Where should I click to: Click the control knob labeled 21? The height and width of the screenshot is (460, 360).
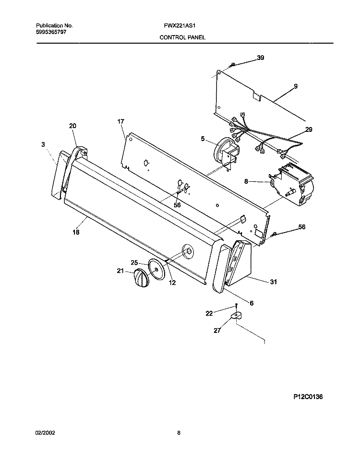pyautogui.click(x=141, y=278)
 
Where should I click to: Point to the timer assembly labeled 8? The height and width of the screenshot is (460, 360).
pyautogui.click(x=292, y=184)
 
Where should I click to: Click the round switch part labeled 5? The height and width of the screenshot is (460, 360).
pyautogui.click(x=225, y=153)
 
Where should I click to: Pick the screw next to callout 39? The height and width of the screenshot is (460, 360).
pyautogui.click(x=232, y=65)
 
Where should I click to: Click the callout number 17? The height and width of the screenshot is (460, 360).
pyautogui.click(x=120, y=121)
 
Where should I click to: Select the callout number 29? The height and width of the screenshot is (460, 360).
pyautogui.click(x=309, y=130)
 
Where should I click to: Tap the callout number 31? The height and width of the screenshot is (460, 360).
pyautogui.click(x=274, y=282)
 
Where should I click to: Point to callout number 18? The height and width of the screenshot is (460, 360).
pyautogui.click(x=76, y=232)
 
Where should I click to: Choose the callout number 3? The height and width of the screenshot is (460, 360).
pyautogui.click(x=43, y=144)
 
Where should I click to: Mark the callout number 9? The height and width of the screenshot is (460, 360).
pyautogui.click(x=296, y=86)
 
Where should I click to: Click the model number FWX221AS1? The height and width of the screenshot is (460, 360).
pyautogui.click(x=180, y=26)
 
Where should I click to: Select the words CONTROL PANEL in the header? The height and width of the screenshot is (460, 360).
pyautogui.click(x=182, y=37)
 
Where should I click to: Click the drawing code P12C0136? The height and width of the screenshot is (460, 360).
pyautogui.click(x=308, y=397)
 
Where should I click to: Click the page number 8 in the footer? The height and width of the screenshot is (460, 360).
pyautogui.click(x=179, y=433)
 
